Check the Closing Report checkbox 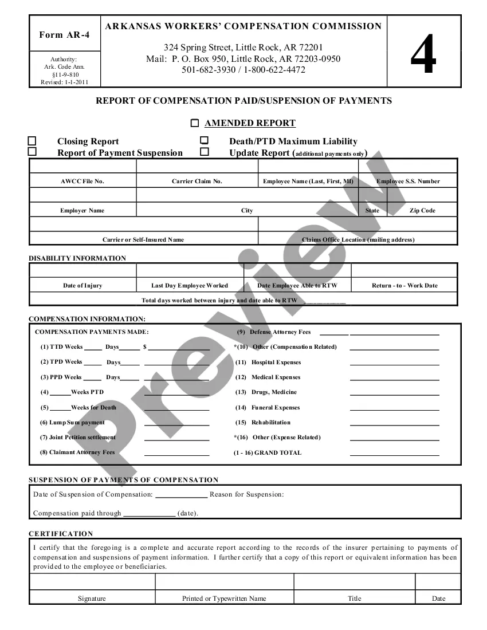pyautogui.click(x=33, y=141)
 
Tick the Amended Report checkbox pyautogui.click(x=195, y=123)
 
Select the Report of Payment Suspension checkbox pyautogui.click(x=33, y=152)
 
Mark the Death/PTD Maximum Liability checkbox pyautogui.click(x=204, y=141)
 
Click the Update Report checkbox pyautogui.click(x=204, y=152)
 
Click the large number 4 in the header pyautogui.click(x=423, y=54)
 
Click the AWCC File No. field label pyautogui.click(x=83, y=182)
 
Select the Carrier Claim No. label pyautogui.click(x=197, y=182)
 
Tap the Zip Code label pyautogui.click(x=422, y=211)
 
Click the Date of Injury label pyautogui.click(x=83, y=286)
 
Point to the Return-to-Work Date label pyautogui.click(x=404, y=286)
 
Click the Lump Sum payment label pyautogui.click(x=73, y=423)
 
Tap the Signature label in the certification pyautogui.click(x=92, y=598)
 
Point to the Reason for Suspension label pyautogui.click(x=246, y=494)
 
